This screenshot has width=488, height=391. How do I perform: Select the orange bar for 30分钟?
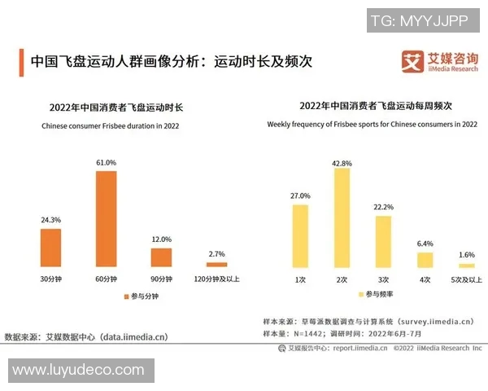[51, 248]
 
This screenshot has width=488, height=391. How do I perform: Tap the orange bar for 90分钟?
[162, 257]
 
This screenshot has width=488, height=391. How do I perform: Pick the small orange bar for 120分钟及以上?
[217, 265]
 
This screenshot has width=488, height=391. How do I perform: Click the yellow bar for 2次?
[342, 218]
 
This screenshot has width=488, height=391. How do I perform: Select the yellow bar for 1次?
[300, 236]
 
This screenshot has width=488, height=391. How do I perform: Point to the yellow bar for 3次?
[383, 242]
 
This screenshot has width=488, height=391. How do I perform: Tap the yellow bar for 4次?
[425, 260]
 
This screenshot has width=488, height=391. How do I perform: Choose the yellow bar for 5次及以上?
[466, 266]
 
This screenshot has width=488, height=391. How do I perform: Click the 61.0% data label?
[107, 163]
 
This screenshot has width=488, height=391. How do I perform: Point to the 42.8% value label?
[342, 163]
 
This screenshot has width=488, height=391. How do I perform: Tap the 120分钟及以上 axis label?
[217, 279]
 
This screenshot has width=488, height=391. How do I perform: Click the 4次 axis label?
[425, 279]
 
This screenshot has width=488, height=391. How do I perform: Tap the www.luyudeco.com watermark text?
[78, 371]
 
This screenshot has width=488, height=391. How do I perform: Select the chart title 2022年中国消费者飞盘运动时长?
[116, 108]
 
